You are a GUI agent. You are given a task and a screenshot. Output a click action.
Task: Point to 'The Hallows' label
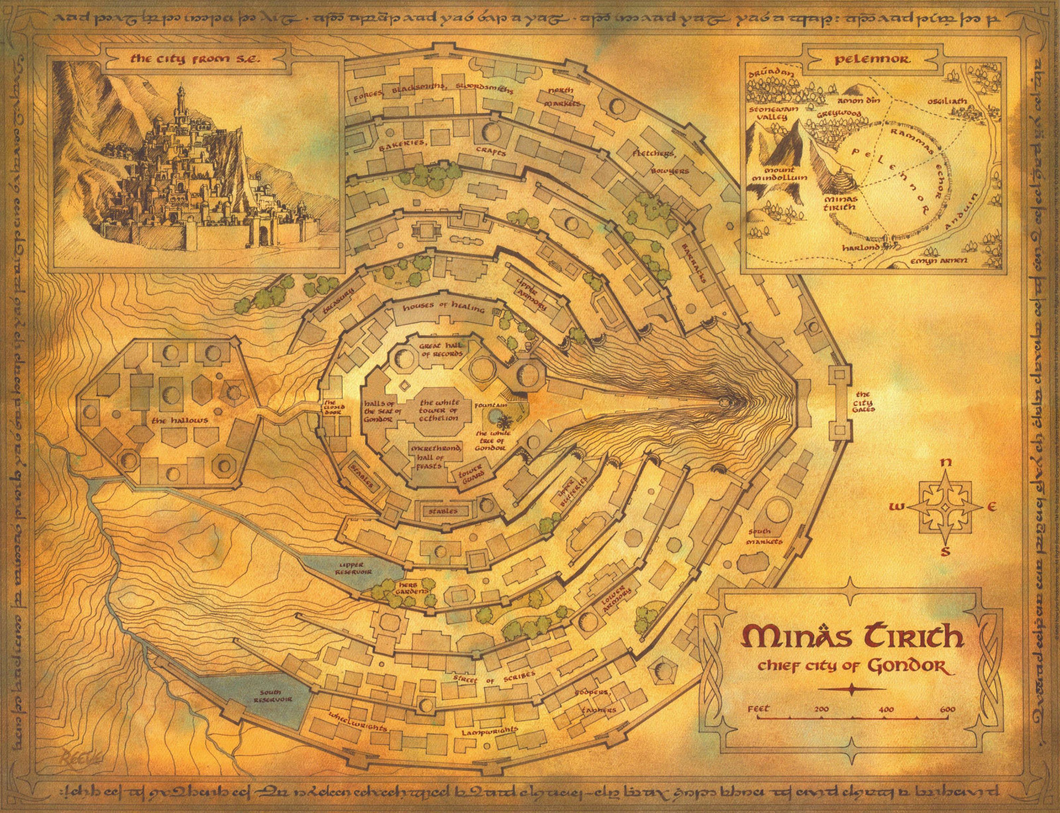point(170,420)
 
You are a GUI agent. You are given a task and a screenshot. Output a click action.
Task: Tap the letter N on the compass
point(947,463)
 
